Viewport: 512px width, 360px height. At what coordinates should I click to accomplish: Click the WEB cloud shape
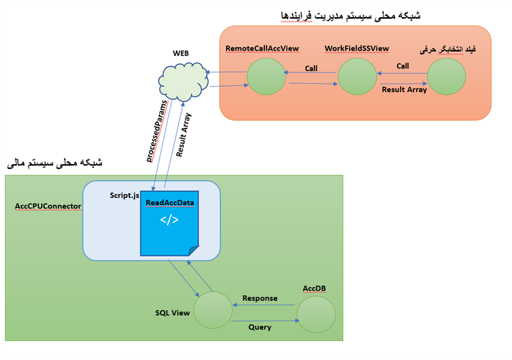[183, 81]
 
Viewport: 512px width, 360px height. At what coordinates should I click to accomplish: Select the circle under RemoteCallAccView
[266, 76]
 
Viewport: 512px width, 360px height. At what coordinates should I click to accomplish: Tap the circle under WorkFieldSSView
[357, 77]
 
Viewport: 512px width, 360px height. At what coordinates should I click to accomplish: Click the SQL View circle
[212, 311]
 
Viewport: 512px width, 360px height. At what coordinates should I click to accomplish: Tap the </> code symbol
[169, 220]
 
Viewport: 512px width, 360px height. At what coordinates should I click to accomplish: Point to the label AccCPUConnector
[48, 206]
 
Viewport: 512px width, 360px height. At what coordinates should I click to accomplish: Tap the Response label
[259, 299]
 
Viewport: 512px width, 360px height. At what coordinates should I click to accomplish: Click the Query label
[260, 327]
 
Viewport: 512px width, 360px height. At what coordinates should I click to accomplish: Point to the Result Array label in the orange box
[404, 90]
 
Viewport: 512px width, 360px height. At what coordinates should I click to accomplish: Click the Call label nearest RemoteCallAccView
[311, 69]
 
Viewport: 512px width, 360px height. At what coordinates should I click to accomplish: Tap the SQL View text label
[173, 313]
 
